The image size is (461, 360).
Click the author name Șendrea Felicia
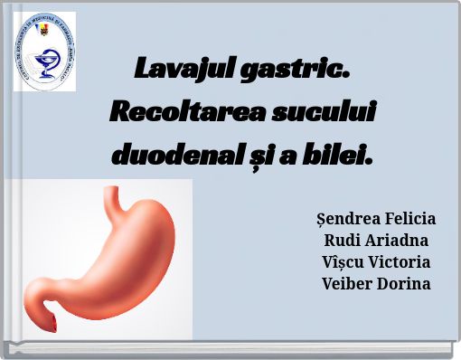pos(376,219)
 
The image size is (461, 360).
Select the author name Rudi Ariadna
pos(376,241)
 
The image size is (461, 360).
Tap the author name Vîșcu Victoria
pos(376,262)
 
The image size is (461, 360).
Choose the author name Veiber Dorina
pos(376,284)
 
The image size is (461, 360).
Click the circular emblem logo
pos(43,53)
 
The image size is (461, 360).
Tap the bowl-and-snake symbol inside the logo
pos(42,62)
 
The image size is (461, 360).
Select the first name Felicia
pos(407,219)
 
